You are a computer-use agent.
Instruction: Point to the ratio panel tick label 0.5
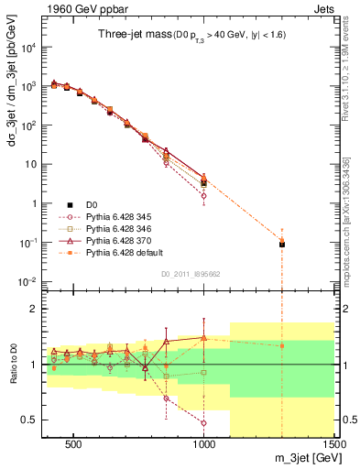27,420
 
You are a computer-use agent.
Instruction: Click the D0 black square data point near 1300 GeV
282,245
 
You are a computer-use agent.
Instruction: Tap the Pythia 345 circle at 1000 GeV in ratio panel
204,423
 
